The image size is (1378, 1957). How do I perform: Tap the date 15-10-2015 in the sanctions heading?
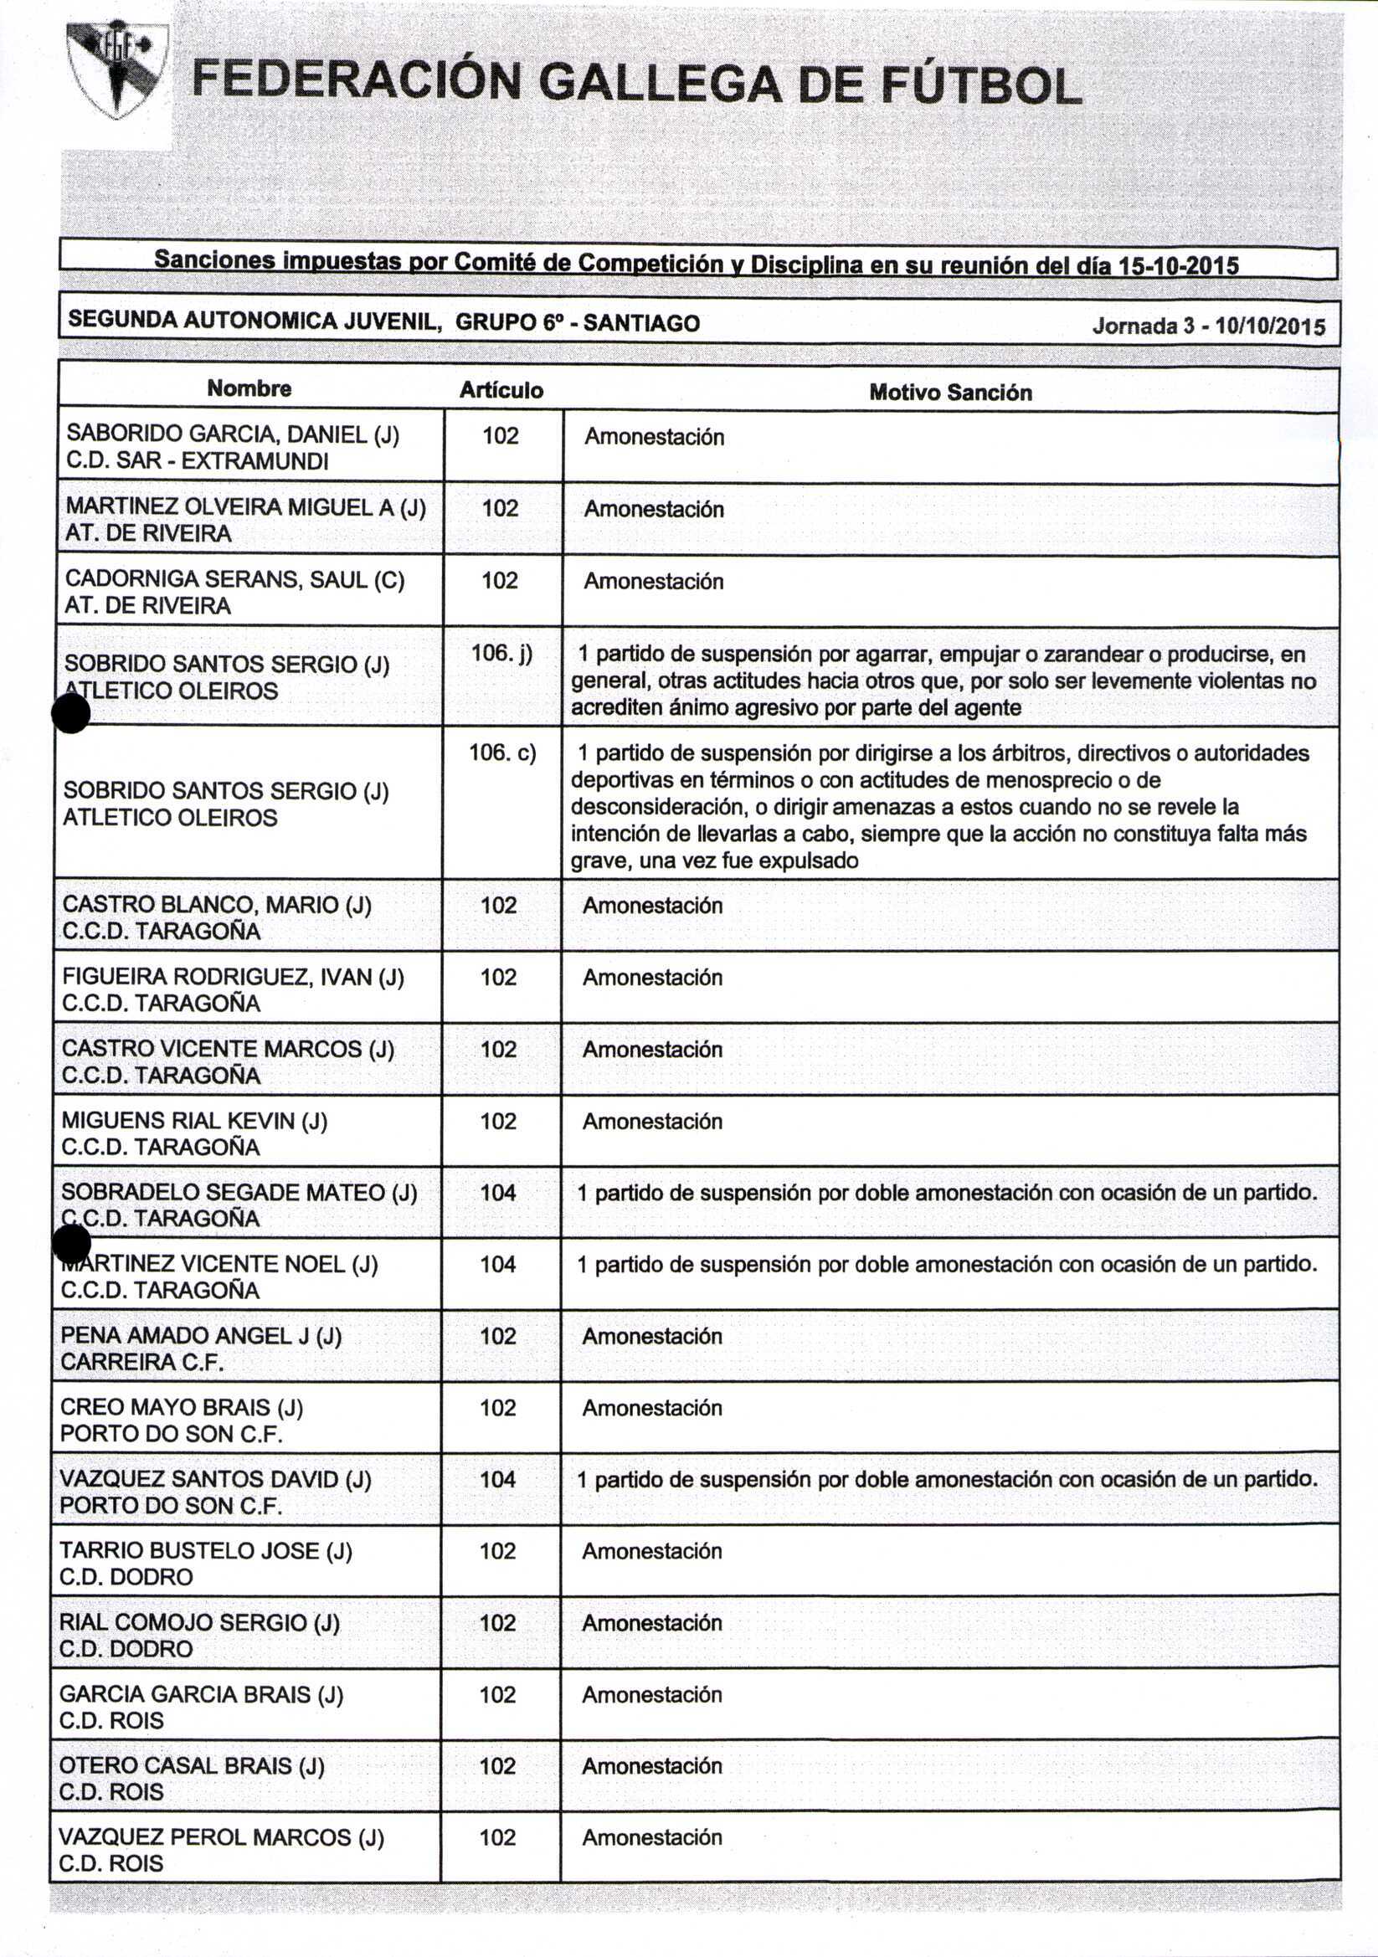[1178, 267]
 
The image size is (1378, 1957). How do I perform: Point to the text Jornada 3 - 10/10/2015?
[1208, 326]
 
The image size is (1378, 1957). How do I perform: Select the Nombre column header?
[249, 388]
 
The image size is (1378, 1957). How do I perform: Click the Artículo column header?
[501, 390]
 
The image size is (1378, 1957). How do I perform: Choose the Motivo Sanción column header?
[950, 393]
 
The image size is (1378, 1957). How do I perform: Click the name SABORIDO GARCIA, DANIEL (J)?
[233, 434]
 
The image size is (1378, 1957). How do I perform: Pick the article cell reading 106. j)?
[501, 654]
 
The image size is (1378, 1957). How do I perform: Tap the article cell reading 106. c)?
[501, 752]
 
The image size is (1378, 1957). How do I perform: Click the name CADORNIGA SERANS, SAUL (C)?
[234, 578]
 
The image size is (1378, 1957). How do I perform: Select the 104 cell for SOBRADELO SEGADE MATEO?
[498, 1193]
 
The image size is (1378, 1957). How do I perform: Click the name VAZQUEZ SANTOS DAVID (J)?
[216, 1479]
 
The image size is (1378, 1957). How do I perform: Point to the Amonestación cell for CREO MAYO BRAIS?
[652, 1407]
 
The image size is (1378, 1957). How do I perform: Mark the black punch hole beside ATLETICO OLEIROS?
[71, 713]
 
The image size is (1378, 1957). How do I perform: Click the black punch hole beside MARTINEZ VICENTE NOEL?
[72, 1245]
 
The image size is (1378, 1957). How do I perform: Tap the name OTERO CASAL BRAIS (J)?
[192, 1765]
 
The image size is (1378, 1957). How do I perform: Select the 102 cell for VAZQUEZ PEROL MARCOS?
[498, 1836]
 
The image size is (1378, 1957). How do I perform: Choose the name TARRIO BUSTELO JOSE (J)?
[205, 1550]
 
